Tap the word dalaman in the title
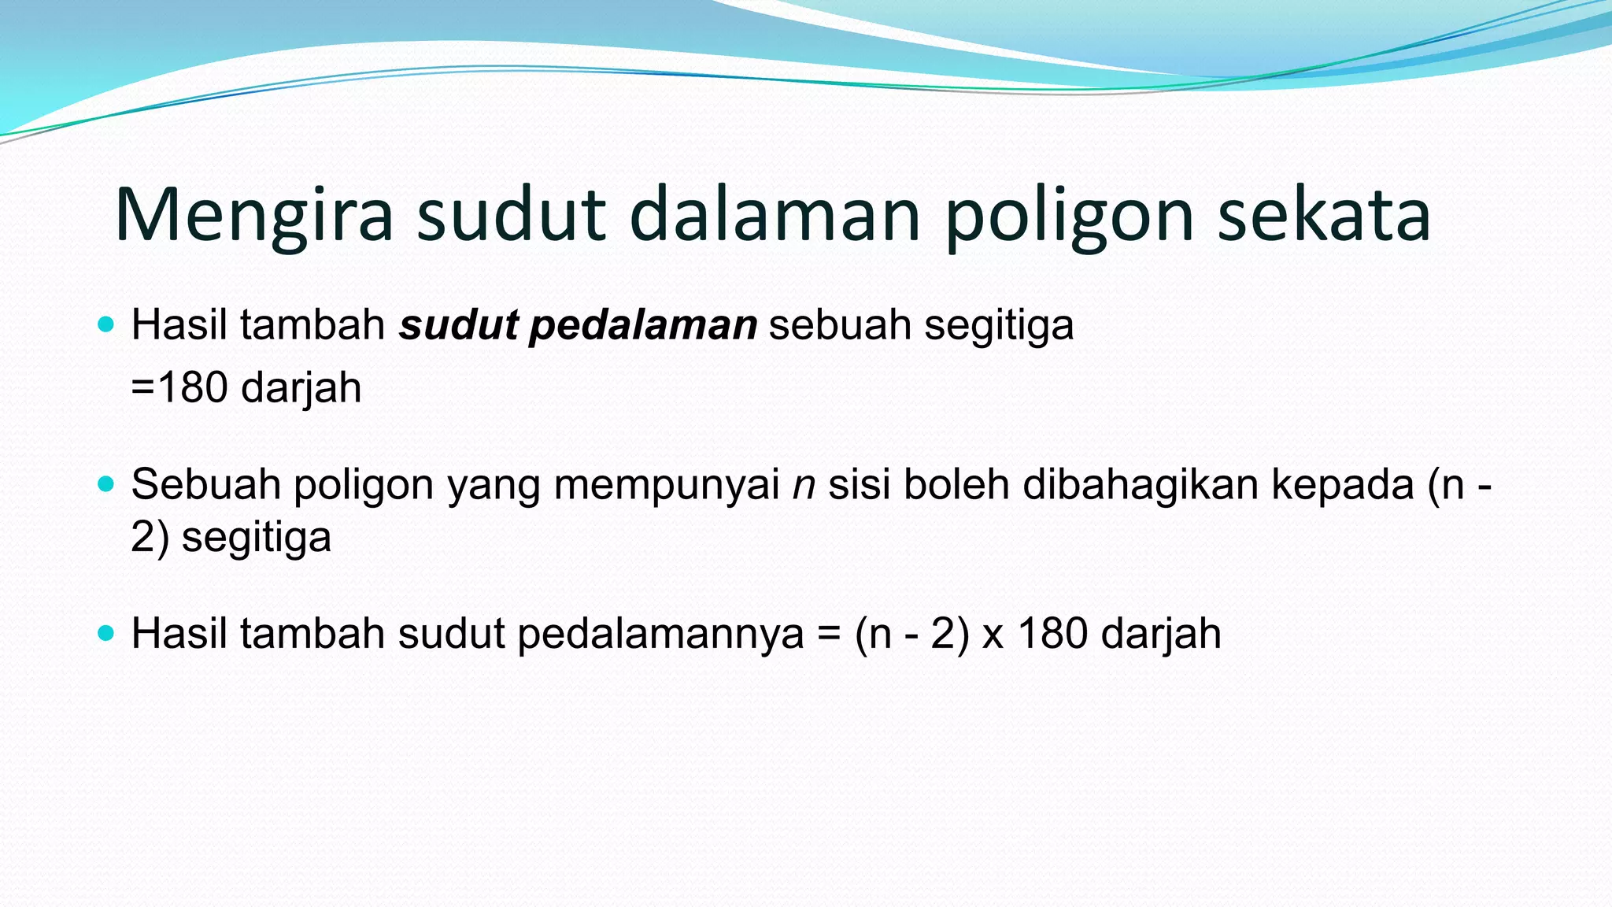click(x=775, y=214)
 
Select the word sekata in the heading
click(x=1324, y=214)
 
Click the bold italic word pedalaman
click(x=643, y=325)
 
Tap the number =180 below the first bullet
click(x=179, y=387)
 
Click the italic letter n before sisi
click(x=804, y=484)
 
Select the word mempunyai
click(x=667, y=485)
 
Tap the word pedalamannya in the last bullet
click(x=660, y=634)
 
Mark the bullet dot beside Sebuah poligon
click(x=106, y=483)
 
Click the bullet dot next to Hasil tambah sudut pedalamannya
click(x=106, y=632)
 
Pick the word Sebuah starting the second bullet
click(x=206, y=483)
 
